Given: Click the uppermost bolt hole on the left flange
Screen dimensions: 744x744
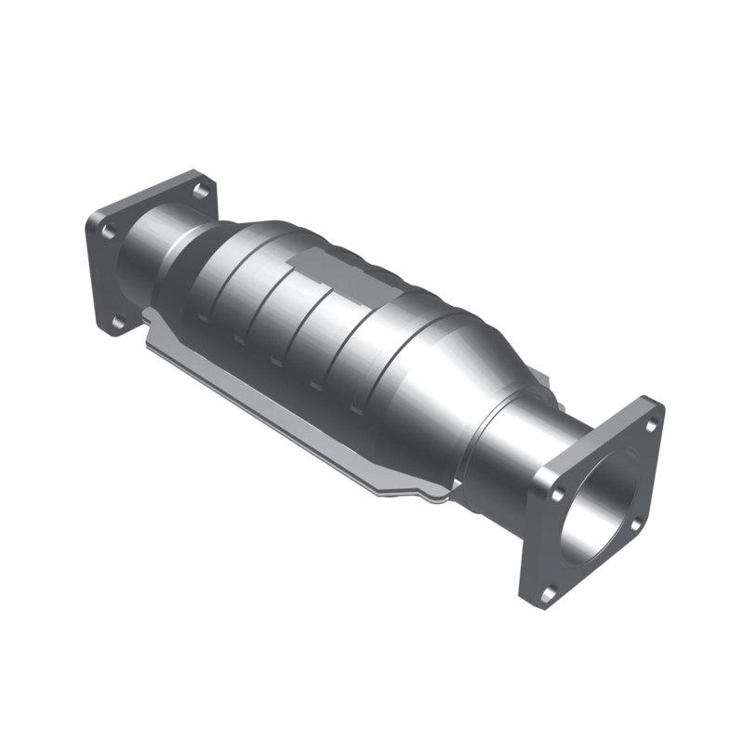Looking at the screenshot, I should [x=198, y=191].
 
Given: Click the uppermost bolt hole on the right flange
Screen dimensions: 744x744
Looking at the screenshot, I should [x=649, y=425].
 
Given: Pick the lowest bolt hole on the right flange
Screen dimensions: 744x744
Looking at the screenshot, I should [x=548, y=588].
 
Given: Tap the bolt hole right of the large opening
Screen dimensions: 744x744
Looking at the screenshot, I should [x=635, y=525].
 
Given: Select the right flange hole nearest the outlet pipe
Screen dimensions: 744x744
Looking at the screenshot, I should [x=557, y=486].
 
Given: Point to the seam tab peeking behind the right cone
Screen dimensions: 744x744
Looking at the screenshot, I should [x=549, y=391].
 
